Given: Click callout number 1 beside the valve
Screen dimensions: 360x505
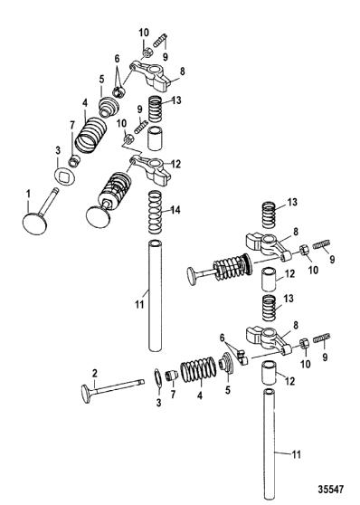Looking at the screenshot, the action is click(28, 195).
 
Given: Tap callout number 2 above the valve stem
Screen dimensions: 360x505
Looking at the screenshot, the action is click(94, 373).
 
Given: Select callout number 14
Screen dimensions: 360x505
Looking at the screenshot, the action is click(175, 210).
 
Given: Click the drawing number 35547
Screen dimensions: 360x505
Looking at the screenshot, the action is click(331, 490).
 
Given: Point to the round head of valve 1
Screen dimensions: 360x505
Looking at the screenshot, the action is click(36, 223).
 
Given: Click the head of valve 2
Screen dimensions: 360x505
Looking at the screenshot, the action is click(86, 394).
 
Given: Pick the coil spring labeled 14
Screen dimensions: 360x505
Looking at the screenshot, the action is click(155, 212).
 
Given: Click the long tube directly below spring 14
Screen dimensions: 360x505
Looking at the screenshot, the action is click(155, 295).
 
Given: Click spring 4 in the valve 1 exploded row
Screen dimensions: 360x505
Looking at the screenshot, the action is click(89, 135).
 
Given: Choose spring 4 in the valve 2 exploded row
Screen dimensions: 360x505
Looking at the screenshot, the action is click(198, 369).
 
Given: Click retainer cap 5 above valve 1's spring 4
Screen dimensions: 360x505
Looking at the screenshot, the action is click(108, 106).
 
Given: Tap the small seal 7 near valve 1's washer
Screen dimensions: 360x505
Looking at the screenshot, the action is click(75, 160).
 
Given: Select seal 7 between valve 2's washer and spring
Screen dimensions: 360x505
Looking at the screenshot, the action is click(171, 376).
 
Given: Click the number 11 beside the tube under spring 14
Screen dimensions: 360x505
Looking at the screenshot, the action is click(139, 303).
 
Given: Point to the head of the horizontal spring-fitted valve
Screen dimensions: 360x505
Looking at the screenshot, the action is click(194, 275).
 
